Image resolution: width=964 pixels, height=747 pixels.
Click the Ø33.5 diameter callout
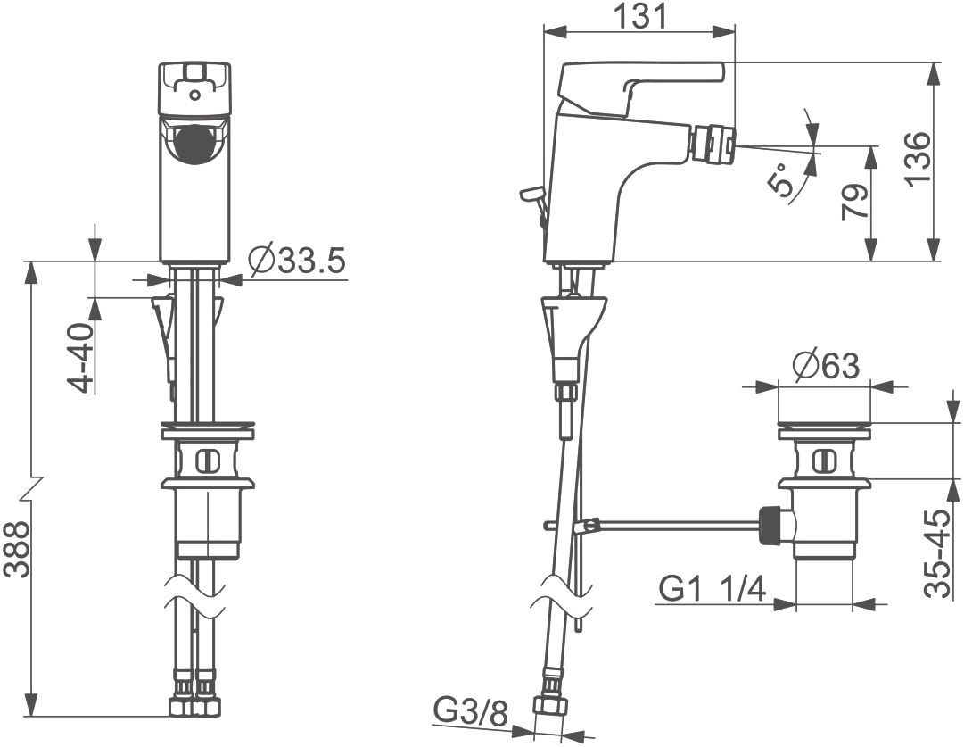298,261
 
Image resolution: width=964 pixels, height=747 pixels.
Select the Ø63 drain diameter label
826,367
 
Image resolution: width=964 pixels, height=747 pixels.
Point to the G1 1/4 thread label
713,589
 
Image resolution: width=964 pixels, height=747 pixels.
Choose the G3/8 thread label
472,712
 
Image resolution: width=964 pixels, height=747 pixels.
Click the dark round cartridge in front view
194,144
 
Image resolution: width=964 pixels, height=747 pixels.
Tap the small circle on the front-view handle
194,96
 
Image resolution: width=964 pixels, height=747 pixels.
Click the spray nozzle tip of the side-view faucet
711,144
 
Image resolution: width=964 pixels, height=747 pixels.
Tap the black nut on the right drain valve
771,525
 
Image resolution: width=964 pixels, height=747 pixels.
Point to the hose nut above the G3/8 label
550,705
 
